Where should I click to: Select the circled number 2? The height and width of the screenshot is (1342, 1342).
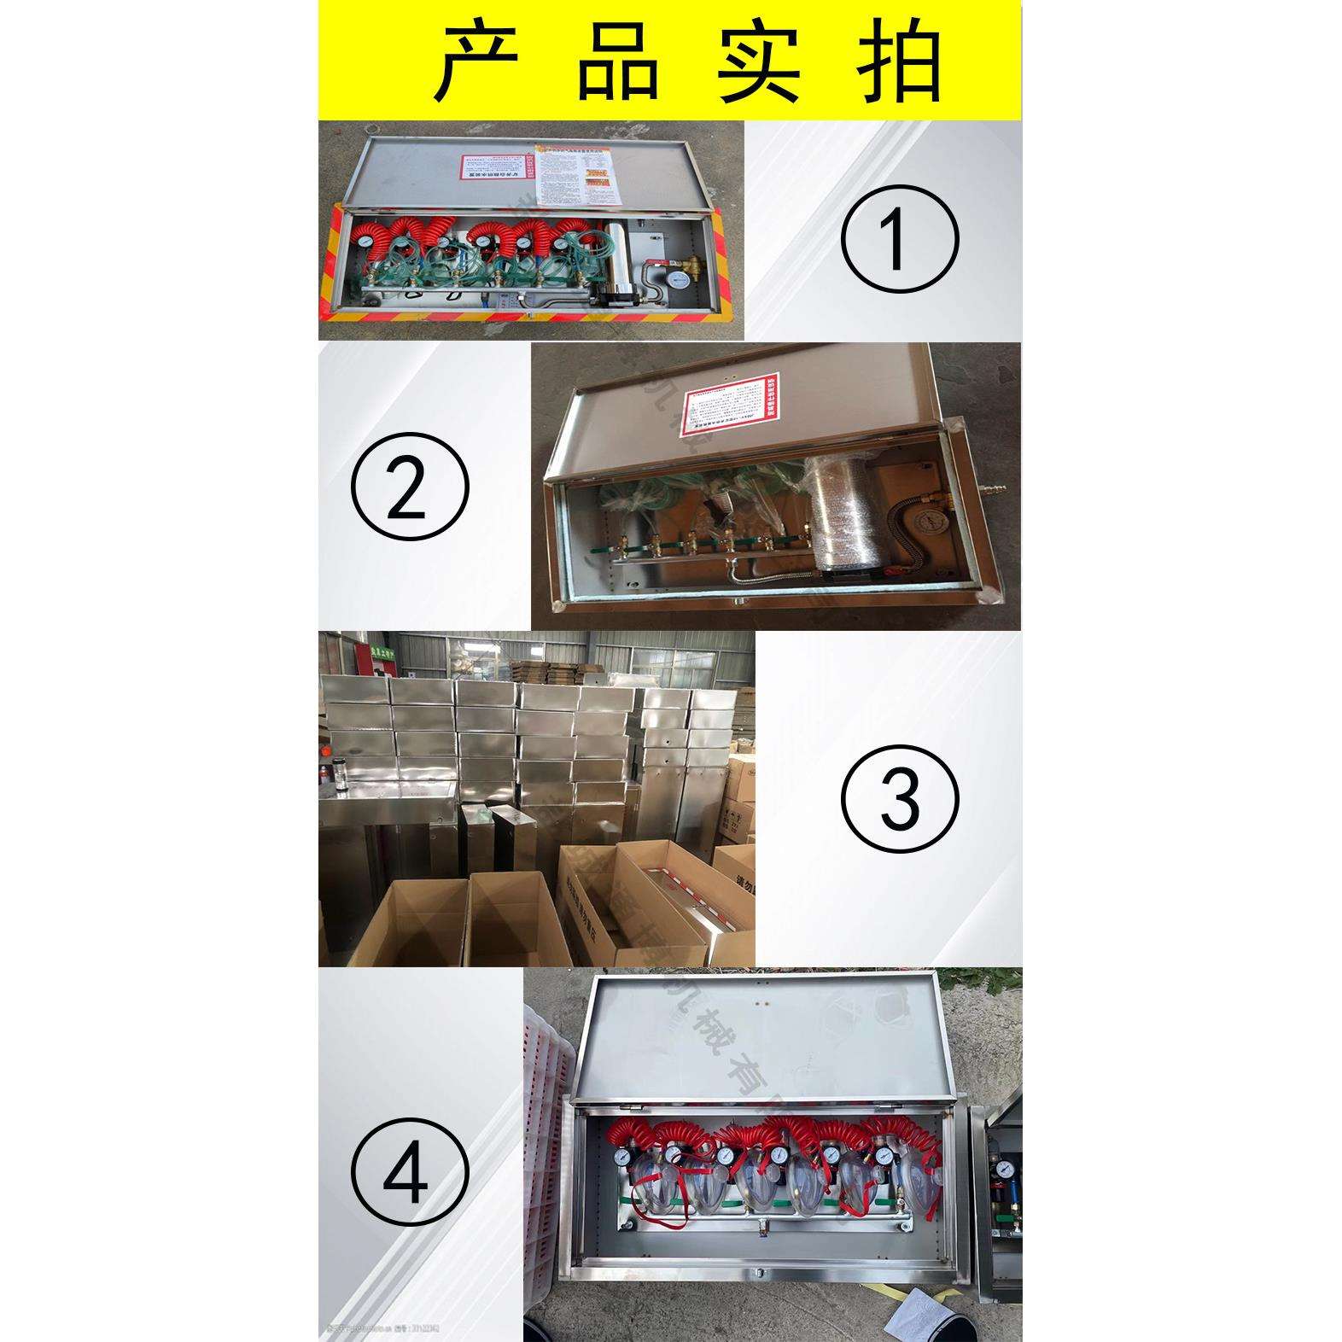(x=411, y=487)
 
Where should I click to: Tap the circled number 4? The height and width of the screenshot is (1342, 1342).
(x=411, y=1173)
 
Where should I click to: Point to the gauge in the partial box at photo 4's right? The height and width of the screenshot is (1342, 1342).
(x=1006, y=1166)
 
